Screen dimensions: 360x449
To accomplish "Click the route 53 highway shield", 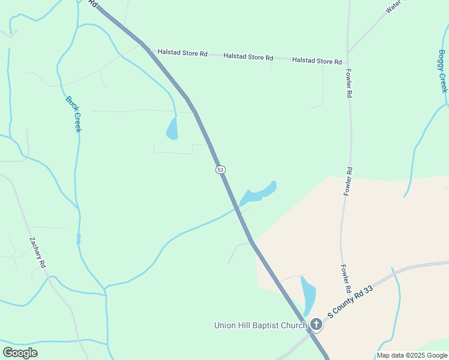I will [220, 170].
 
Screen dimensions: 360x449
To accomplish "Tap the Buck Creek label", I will [73, 114].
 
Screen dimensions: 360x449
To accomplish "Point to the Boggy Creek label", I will [442, 71].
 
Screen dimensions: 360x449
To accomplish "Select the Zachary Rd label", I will [38, 252].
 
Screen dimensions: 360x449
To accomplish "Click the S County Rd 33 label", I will [350, 302].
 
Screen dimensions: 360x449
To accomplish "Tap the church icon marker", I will [316, 325].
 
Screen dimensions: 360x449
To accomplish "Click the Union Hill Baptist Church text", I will [261, 326].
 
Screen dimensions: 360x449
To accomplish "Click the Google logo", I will [20, 353].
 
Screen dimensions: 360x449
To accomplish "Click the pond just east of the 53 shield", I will [259, 193].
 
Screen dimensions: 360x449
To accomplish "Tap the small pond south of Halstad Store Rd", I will [172, 128].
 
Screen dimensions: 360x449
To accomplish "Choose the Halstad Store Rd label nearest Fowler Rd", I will [317, 61].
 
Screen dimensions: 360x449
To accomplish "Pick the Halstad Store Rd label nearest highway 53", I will [182, 53].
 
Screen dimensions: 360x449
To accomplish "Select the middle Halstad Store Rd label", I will [248, 57].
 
